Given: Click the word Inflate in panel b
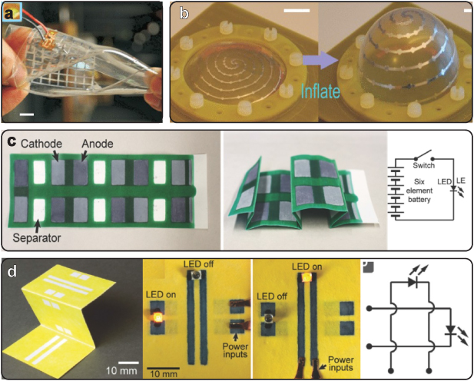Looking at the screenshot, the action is [320, 91].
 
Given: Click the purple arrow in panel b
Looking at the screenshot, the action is [320, 60].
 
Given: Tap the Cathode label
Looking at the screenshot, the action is [41, 144].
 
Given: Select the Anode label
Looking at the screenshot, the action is [97, 144].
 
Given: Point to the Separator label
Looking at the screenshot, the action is [37, 238].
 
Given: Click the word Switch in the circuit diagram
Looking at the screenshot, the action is [424, 165].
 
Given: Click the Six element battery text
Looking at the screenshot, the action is [419, 190].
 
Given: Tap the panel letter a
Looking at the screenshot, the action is [12, 13].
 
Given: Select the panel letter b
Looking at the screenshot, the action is [184, 12].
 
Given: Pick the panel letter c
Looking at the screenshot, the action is [12, 142].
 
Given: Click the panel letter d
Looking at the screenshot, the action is [12, 272].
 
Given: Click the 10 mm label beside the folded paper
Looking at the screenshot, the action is [121, 371].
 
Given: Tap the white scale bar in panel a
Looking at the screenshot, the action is [27, 114].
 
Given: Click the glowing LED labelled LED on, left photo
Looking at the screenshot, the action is [157, 317].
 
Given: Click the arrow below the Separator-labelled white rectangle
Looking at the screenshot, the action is [37, 225].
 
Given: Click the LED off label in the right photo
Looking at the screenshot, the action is [272, 296].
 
